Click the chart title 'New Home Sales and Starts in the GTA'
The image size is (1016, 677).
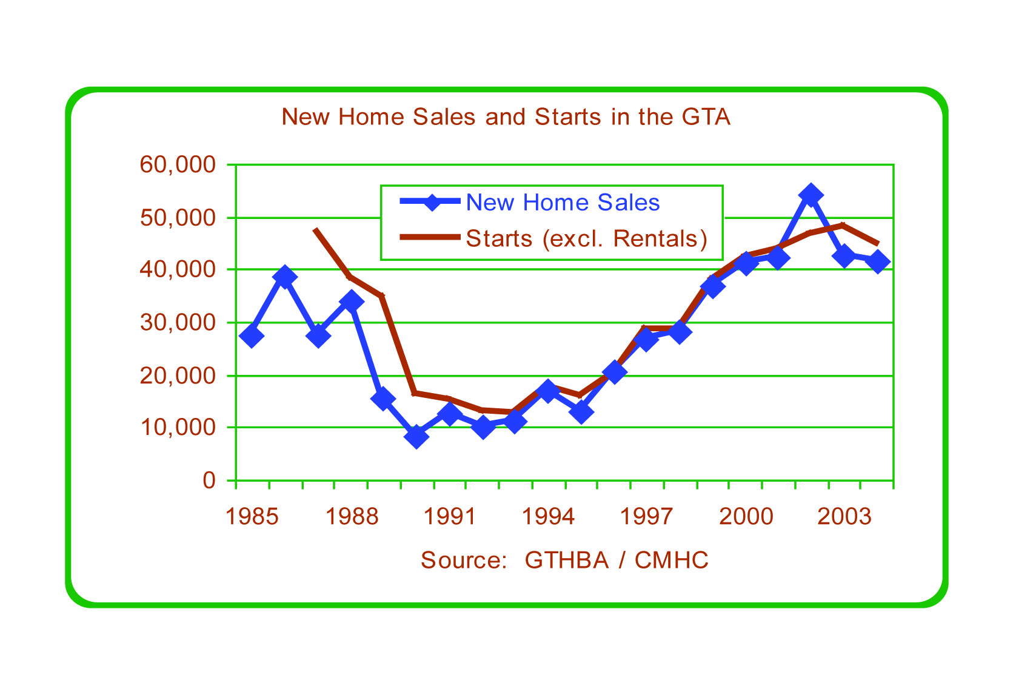pyautogui.click(x=506, y=116)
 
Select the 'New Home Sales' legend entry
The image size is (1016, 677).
pyautogui.click(x=562, y=203)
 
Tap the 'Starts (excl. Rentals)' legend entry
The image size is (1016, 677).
pyautogui.click(x=586, y=238)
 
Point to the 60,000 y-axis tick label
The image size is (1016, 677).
pyautogui.click(x=178, y=164)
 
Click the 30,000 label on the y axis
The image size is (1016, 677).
pyautogui.click(x=178, y=322)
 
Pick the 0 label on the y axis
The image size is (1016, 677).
pyautogui.click(x=209, y=480)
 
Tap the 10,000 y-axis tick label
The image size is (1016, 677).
pyautogui.click(x=178, y=428)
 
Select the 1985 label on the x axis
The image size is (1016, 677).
pyautogui.click(x=252, y=517)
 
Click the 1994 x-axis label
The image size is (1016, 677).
pyautogui.click(x=548, y=517)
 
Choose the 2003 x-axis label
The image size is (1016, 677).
pyautogui.click(x=844, y=517)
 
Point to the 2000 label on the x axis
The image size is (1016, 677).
pyautogui.click(x=746, y=517)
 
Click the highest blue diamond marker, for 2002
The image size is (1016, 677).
pyautogui.click(x=810, y=195)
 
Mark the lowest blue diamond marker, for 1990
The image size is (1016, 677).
pyautogui.click(x=416, y=436)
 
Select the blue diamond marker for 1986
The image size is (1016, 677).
pyautogui.click(x=285, y=277)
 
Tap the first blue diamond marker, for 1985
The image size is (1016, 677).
pyautogui.click(x=252, y=335)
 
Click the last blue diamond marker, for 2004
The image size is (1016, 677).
pyautogui.click(x=877, y=262)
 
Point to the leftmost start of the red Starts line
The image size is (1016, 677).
pyautogui.click(x=315, y=229)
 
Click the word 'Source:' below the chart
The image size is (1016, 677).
pyautogui.click(x=464, y=560)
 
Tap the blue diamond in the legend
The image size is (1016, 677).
pyautogui.click(x=431, y=202)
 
